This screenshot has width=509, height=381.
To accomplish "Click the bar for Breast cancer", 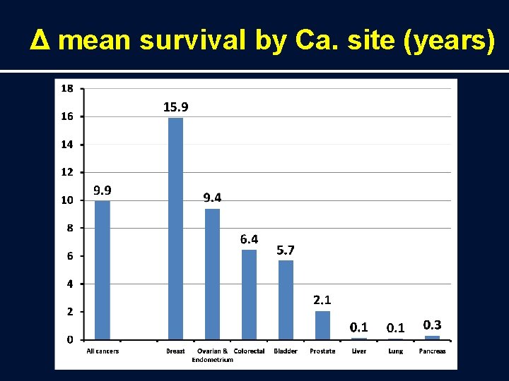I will [x=175, y=228].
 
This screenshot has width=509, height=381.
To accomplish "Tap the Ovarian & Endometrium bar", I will [x=212, y=274].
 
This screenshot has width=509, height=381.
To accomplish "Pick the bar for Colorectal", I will [x=249, y=294].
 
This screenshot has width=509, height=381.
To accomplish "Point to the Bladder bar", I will [x=286, y=299].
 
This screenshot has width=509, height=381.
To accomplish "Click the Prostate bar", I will [x=322, y=325].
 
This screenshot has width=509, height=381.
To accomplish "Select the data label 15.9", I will [x=176, y=107].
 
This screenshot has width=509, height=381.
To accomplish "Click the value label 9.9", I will [x=103, y=190].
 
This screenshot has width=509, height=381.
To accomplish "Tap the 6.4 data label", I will [x=249, y=239].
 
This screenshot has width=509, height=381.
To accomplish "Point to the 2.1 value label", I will [x=322, y=300].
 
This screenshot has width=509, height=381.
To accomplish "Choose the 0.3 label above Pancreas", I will [x=432, y=325].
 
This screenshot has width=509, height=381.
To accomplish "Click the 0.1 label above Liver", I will [x=359, y=327].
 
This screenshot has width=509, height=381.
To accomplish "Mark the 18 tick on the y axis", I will [x=66, y=88].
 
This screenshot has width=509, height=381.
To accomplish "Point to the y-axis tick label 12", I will [x=66, y=171].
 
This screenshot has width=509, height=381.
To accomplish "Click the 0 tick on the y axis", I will [x=69, y=339].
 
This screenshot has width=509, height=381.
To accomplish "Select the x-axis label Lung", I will [x=395, y=351].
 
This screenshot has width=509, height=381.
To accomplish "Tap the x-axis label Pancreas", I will [x=432, y=351].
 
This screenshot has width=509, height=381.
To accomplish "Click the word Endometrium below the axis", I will [x=212, y=360].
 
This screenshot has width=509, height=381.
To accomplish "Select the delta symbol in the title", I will [x=40, y=42].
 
